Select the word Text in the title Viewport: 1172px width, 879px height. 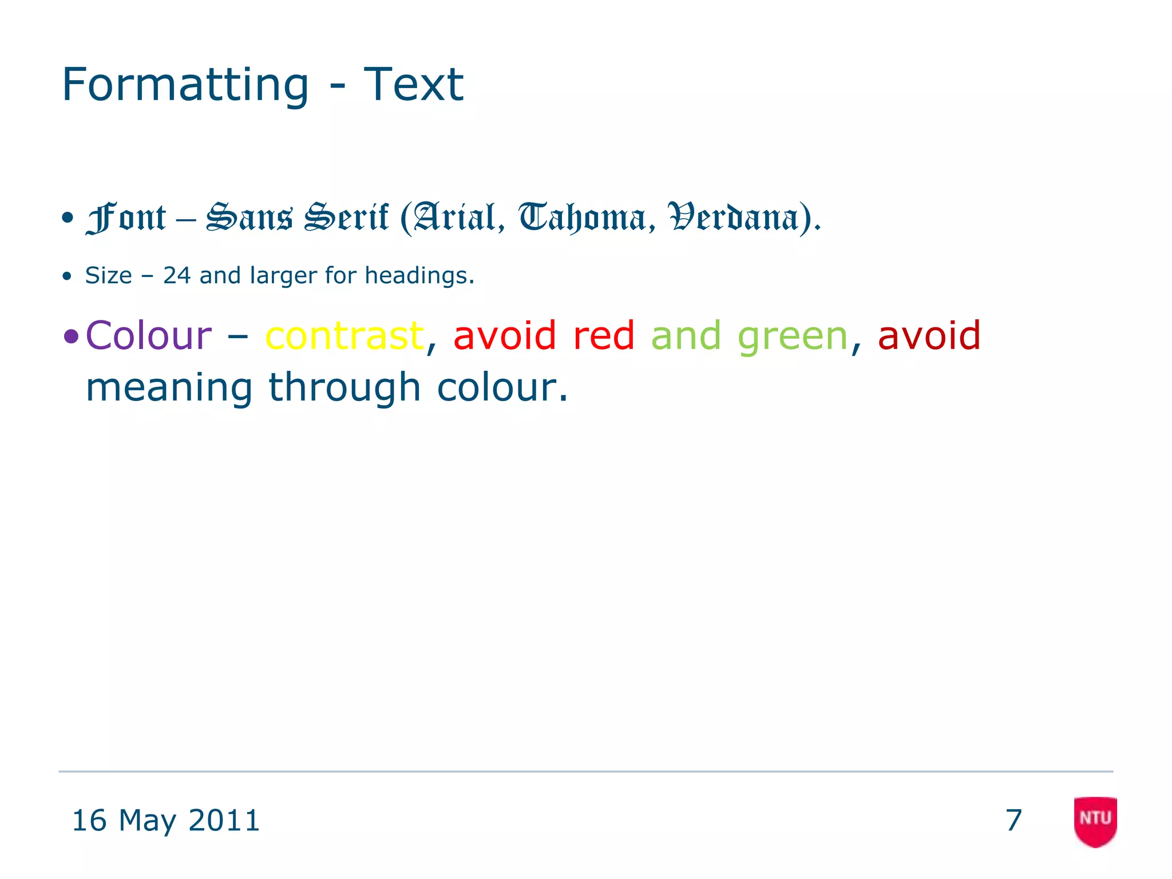(x=413, y=85)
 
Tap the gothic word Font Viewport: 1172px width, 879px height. (x=126, y=218)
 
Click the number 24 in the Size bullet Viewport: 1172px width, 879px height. (x=177, y=276)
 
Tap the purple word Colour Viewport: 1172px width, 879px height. (x=148, y=335)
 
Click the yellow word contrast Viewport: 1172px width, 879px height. (x=345, y=335)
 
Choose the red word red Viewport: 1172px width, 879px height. (x=603, y=335)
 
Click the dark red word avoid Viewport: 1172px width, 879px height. (x=929, y=335)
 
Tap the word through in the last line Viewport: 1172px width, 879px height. (x=345, y=387)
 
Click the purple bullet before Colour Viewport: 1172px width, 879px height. (x=71, y=336)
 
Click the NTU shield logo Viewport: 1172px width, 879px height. (x=1095, y=821)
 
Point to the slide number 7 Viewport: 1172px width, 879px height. (x=1013, y=821)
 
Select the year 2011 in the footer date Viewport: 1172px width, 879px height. (x=224, y=821)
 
